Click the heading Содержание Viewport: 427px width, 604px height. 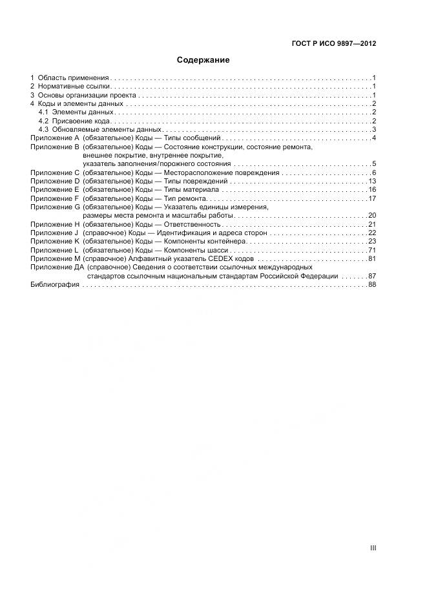click(x=203, y=60)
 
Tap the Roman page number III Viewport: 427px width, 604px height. click(x=373, y=548)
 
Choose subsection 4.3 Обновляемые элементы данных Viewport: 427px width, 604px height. click(x=95, y=129)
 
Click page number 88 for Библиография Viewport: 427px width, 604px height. click(x=371, y=285)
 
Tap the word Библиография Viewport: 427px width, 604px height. click(x=55, y=285)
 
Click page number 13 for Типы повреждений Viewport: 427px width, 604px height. click(x=371, y=181)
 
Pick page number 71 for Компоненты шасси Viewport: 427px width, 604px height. click(x=371, y=250)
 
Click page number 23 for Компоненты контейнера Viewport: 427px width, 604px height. click(x=371, y=241)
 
